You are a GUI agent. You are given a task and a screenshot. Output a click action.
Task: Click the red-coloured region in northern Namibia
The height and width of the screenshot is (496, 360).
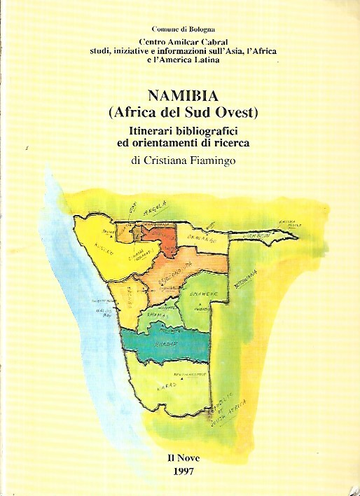[162, 242]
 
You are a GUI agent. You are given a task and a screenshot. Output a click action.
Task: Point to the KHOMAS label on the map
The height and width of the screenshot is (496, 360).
[155, 316]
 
